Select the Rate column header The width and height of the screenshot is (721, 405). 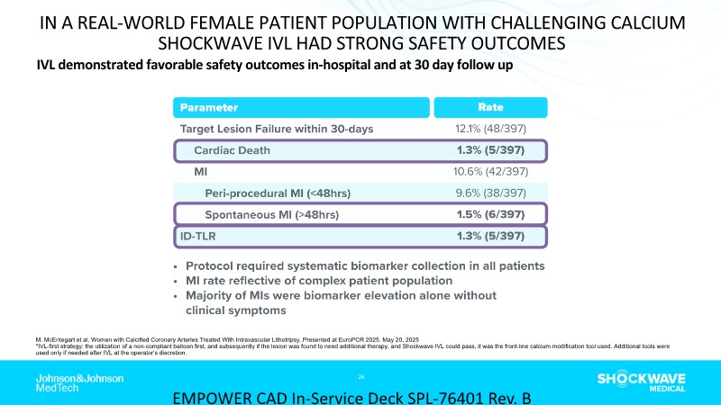click(x=491, y=106)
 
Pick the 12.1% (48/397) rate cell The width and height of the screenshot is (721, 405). click(x=491, y=128)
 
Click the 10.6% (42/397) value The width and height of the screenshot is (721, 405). click(x=491, y=171)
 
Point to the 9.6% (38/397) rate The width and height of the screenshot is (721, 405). click(x=491, y=193)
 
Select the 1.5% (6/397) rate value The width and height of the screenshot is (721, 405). click(x=491, y=214)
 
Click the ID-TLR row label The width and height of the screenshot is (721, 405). click(x=201, y=236)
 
